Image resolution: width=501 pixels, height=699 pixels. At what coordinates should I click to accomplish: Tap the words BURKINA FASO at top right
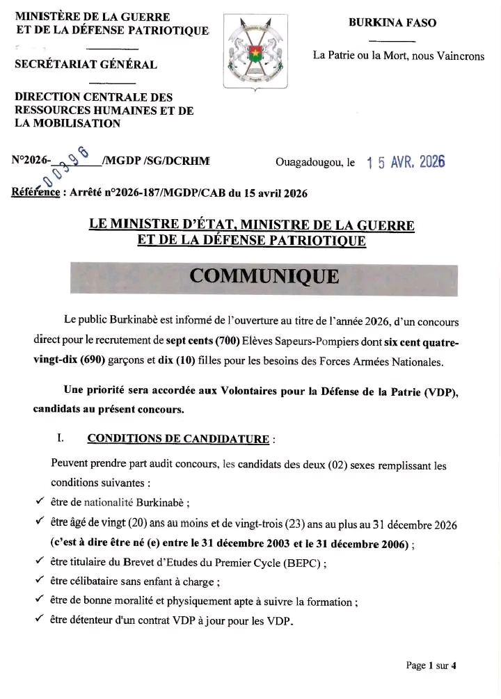392,23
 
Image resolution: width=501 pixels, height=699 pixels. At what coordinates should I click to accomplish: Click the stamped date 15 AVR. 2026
406,162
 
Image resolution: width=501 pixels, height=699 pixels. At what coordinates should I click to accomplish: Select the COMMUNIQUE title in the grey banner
264,276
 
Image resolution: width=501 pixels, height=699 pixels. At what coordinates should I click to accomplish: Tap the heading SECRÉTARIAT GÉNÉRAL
86,65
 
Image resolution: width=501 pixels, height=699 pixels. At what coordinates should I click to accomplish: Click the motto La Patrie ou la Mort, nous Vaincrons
399,56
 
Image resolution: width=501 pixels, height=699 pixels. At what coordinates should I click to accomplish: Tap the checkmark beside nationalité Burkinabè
39,500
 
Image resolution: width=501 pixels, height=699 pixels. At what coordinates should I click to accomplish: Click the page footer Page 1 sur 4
431,666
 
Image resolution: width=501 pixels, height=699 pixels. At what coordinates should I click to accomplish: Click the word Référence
35,193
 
